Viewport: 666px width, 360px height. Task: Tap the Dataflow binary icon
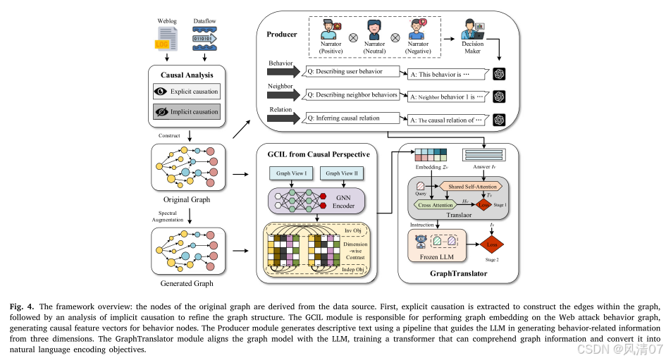coord(204,40)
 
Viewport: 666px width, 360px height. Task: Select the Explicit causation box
coord(187,92)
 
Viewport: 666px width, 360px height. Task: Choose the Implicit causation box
coord(187,111)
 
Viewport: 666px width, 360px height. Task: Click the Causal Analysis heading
coord(187,74)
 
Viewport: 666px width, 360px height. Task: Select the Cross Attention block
coord(436,204)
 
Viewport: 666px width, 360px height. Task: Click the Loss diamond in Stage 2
coord(493,244)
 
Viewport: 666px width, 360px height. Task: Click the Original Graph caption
coord(187,199)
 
